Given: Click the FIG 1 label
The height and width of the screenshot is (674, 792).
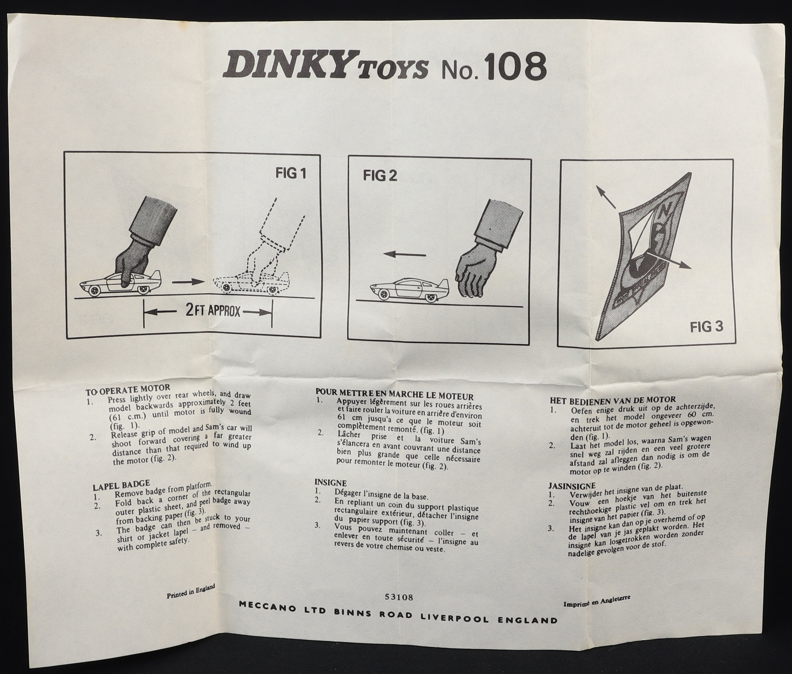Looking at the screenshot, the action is click(x=291, y=174).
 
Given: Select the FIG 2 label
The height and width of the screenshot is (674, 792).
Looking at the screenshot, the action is click(x=380, y=175).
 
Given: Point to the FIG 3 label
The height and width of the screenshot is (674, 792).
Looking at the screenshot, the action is click(x=707, y=327).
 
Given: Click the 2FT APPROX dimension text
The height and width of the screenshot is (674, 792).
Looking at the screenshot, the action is click(x=213, y=311).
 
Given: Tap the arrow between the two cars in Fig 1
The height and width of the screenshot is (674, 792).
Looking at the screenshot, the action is click(x=187, y=282).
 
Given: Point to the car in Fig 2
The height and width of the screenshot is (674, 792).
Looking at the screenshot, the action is click(x=409, y=289).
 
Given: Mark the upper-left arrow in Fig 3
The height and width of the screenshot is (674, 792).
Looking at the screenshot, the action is click(x=605, y=197).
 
